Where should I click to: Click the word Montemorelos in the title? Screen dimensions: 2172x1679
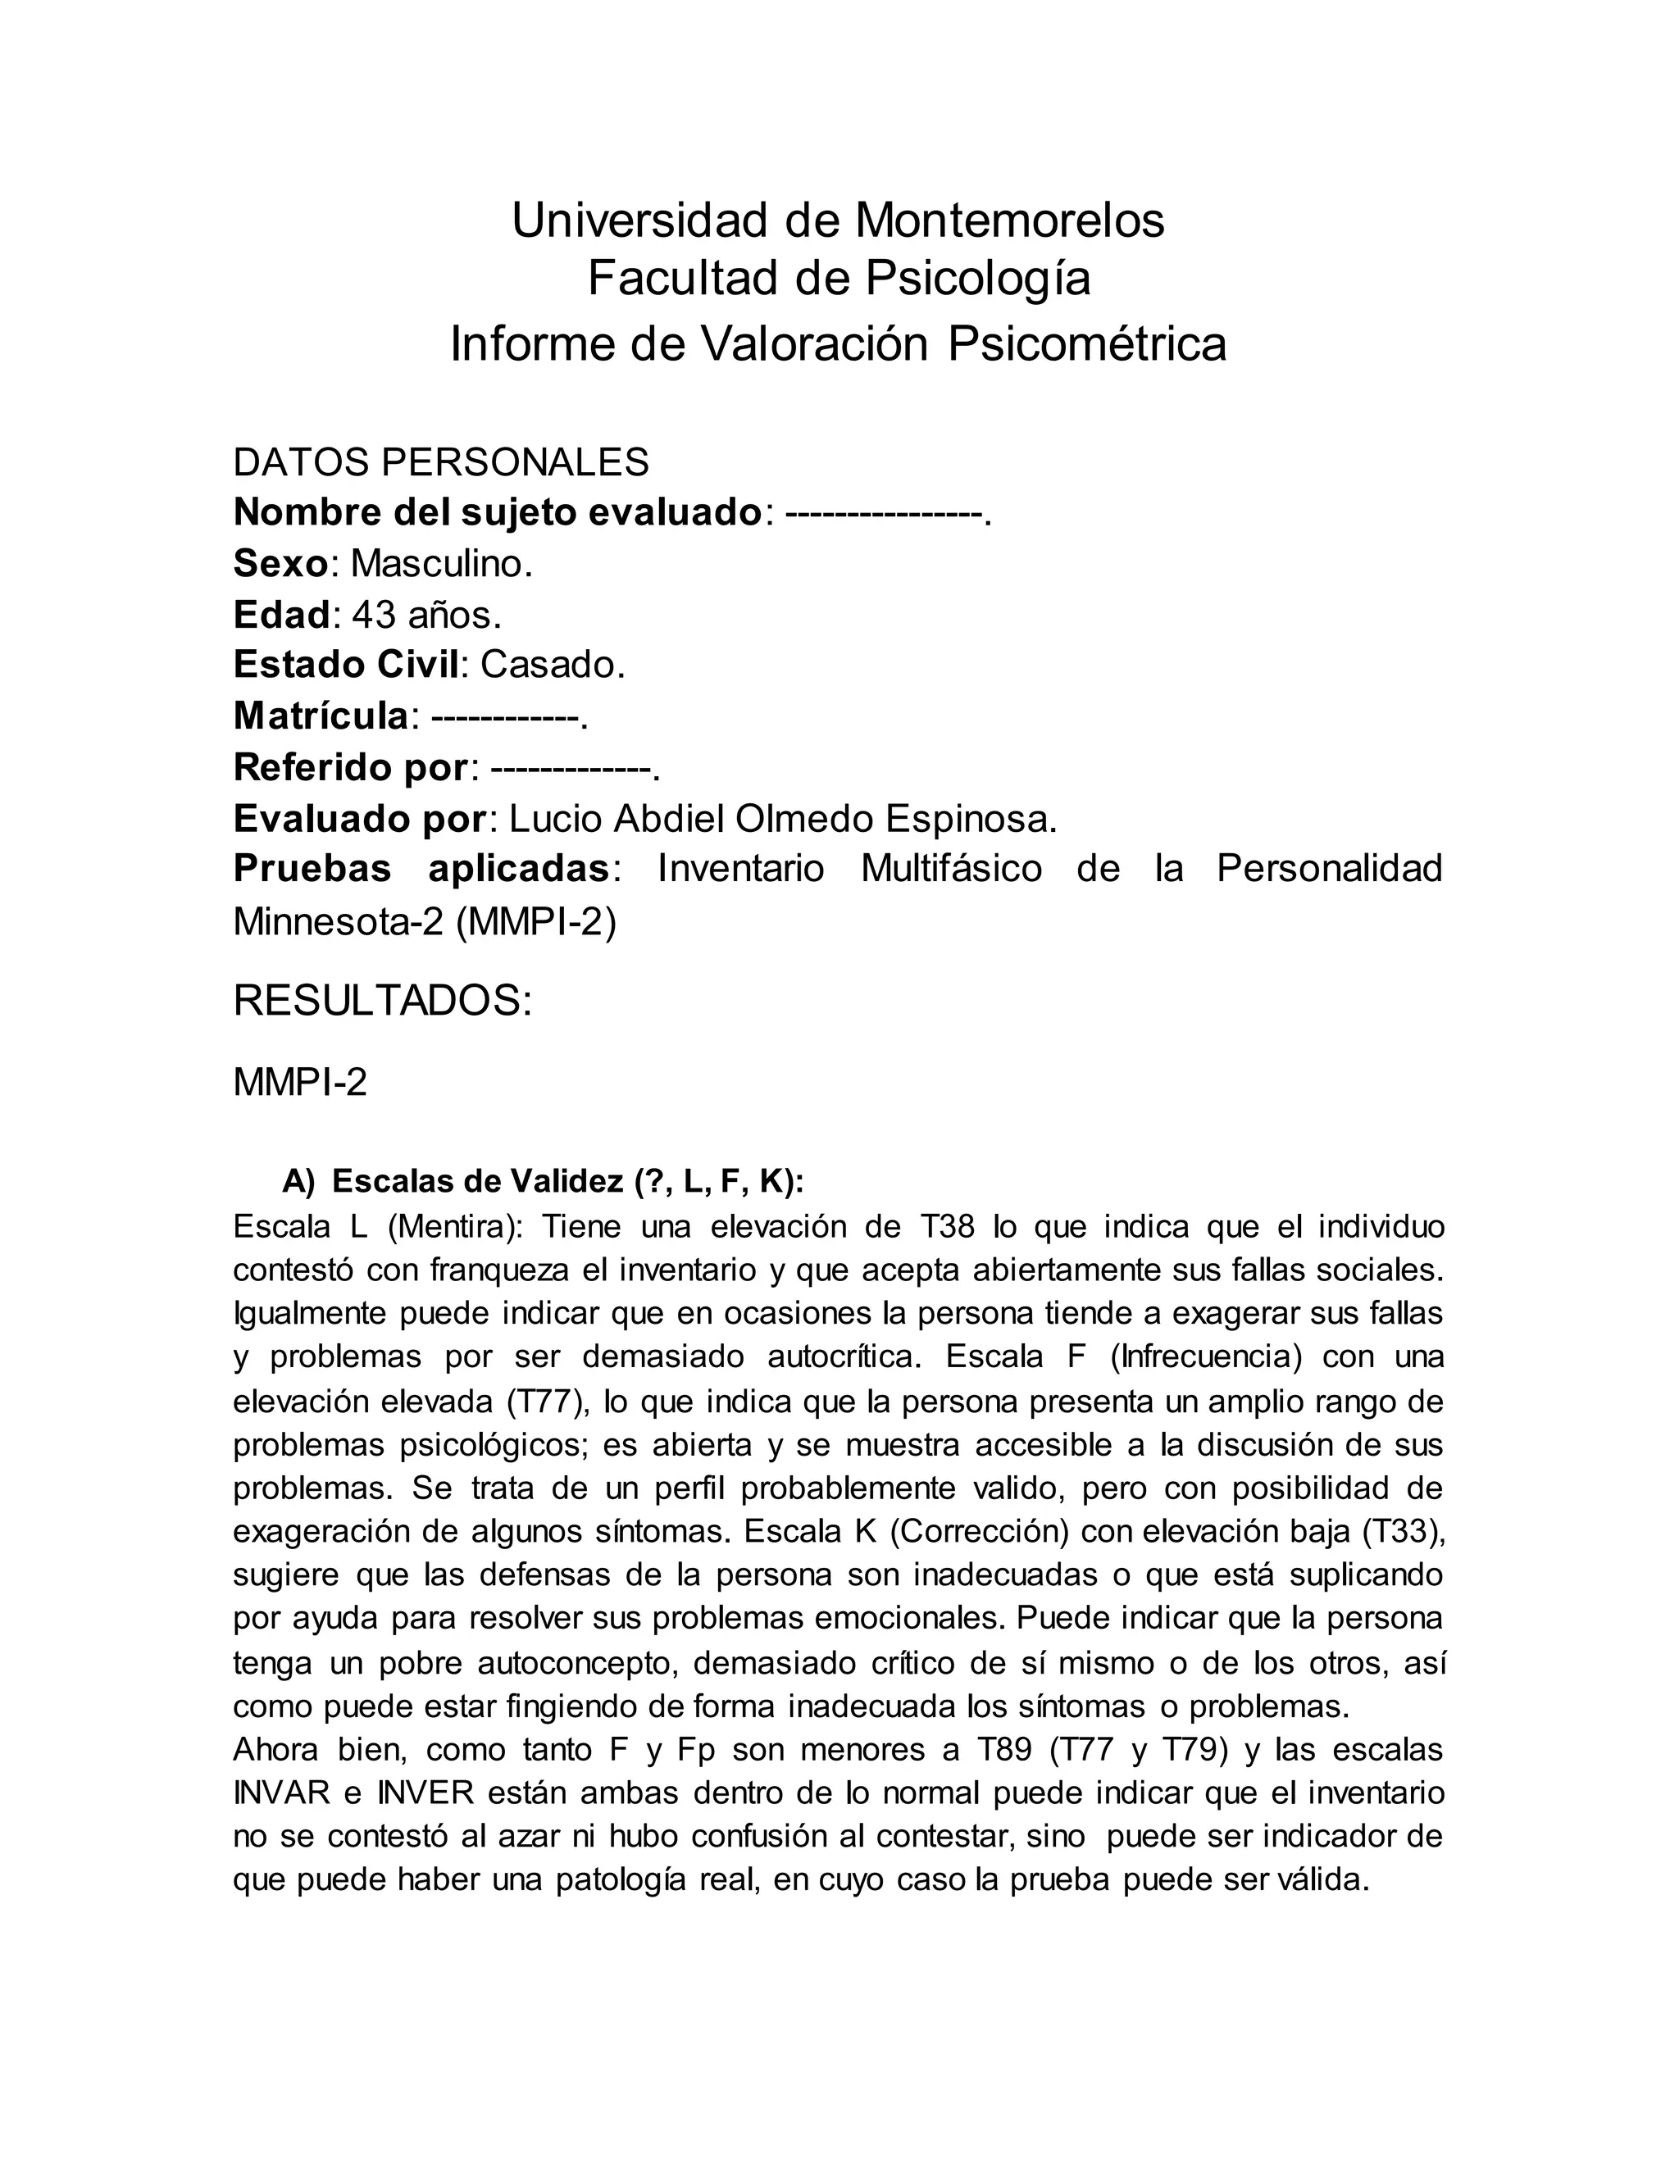pyautogui.click(x=1008, y=220)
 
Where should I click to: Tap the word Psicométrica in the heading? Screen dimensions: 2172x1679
pyautogui.click(x=1086, y=344)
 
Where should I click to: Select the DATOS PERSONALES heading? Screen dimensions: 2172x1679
pyautogui.click(x=440, y=462)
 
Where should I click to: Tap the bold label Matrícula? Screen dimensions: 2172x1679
pyautogui.click(x=321, y=716)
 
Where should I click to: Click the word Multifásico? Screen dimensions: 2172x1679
pyautogui.click(x=951, y=869)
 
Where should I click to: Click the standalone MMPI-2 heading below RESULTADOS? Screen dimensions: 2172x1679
pyautogui.click(x=299, y=1083)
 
